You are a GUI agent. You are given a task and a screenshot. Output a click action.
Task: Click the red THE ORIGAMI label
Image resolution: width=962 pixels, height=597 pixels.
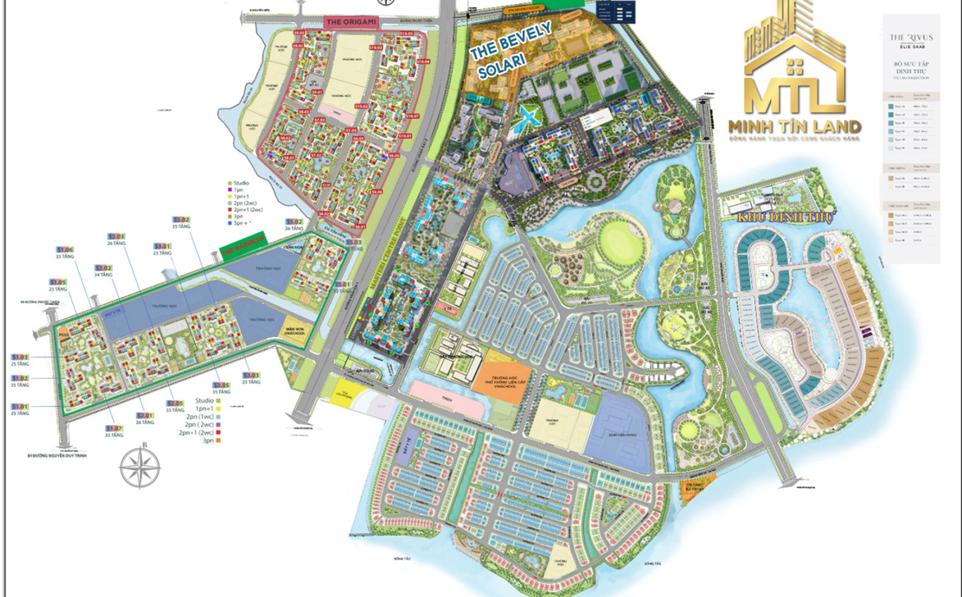pos(351,22)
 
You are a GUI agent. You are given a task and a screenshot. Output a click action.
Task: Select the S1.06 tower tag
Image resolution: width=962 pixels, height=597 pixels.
pos(65,249)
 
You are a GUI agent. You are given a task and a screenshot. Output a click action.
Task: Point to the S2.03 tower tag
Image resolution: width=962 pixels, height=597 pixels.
pos(116,236)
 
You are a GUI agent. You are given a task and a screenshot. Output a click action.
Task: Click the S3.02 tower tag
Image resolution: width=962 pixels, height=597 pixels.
pos(181,221)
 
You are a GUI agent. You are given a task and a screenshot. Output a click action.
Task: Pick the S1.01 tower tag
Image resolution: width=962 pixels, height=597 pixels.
pos(19,407)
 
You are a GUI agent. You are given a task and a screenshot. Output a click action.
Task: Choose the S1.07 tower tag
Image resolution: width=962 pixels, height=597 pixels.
pos(114,428)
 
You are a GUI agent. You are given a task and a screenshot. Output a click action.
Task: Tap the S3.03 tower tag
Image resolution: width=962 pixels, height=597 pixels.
pos(251,375)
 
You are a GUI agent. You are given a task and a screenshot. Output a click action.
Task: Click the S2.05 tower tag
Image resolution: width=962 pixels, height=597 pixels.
pos(175,403)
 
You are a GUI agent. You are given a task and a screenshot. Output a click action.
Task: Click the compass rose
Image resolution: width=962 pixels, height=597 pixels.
pos(140,467)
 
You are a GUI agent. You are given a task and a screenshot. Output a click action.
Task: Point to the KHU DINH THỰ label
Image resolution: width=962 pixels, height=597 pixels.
pos(784,218)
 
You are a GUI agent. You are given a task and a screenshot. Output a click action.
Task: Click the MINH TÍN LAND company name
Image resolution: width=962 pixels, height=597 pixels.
pos(794,127)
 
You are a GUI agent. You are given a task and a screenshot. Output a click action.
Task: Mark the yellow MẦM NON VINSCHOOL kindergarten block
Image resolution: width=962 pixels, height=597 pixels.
pos(297,328)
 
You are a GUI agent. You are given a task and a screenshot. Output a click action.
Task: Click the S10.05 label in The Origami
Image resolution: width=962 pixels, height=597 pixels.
pos(406,34)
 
